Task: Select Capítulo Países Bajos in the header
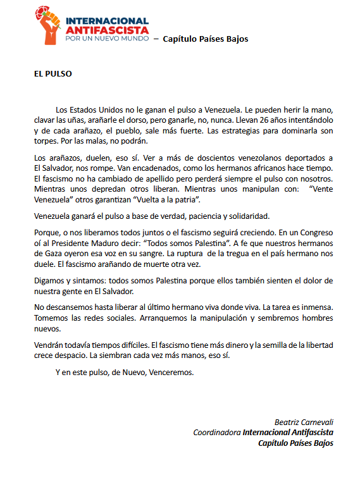click(206, 39)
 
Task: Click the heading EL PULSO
click(53, 73)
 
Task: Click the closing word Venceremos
click(171, 372)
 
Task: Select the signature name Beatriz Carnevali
click(304, 421)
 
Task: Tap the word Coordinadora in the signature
click(216, 432)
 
